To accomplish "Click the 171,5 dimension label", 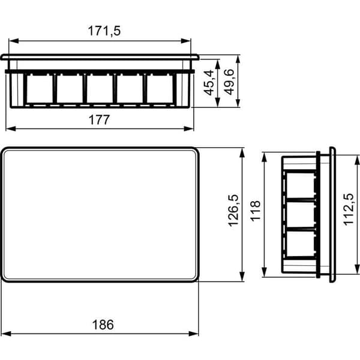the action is (104, 31).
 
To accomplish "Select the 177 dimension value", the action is (100, 120).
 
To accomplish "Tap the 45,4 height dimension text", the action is (209, 83).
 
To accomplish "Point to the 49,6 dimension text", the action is (229, 82).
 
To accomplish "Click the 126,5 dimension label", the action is (234, 211).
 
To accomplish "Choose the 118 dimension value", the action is (256, 211).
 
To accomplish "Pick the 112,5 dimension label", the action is (349, 209).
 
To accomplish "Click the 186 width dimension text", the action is (103, 325).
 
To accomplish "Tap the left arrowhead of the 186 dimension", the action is (6, 334).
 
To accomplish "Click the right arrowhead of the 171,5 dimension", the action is (186, 41).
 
